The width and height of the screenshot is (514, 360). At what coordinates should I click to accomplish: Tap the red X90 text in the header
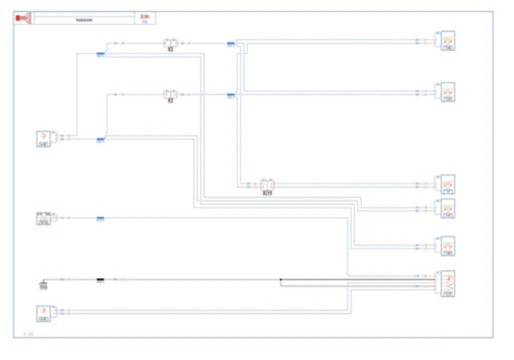(x=145, y=16)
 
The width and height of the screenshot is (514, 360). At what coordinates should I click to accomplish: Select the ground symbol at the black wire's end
(x=43, y=285)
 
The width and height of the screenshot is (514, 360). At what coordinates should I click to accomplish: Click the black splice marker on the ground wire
(x=100, y=280)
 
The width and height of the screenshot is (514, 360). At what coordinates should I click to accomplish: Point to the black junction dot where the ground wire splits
(x=281, y=280)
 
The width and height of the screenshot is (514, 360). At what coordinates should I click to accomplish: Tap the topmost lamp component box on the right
(x=447, y=41)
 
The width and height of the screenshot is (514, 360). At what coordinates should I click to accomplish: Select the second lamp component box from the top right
(x=447, y=92)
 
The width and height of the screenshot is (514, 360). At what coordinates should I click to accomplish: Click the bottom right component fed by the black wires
(x=448, y=284)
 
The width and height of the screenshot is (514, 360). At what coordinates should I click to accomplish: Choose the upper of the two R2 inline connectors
(x=170, y=43)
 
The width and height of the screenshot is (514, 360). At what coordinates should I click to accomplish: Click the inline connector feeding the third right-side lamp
(x=267, y=185)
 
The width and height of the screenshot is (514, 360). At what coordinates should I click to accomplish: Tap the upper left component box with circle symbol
(x=43, y=138)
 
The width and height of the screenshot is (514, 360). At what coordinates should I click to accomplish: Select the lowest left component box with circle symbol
(x=43, y=313)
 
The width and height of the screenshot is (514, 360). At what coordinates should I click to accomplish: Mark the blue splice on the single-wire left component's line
(x=100, y=218)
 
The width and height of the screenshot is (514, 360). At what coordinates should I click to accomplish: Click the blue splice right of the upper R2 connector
(x=231, y=44)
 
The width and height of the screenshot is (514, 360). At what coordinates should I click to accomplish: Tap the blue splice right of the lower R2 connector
(x=231, y=94)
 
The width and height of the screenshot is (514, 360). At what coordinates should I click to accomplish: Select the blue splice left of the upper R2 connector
(x=100, y=53)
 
